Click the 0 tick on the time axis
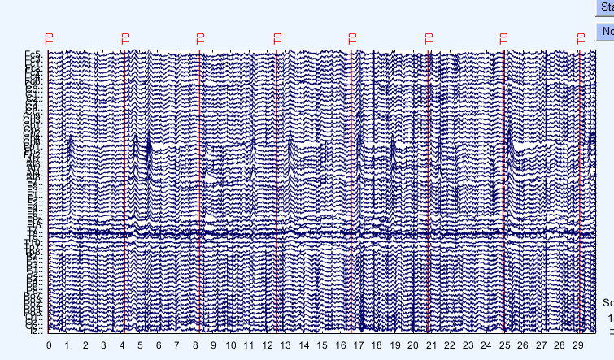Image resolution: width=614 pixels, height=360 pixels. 49,345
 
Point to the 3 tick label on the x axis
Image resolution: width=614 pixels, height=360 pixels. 103,345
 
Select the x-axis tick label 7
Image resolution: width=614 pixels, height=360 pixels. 176,345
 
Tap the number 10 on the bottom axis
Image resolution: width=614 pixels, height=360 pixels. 231,345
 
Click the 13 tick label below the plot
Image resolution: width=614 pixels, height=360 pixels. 285,345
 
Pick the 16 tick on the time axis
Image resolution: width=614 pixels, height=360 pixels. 340,345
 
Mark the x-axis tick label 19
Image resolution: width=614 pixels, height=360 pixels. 394,345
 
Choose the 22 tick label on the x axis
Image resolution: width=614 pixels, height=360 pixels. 449,345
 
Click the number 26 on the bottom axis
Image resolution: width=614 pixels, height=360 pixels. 522,345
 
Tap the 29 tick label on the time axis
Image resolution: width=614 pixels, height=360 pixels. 577,345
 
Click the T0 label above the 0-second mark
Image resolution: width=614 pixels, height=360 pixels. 49,37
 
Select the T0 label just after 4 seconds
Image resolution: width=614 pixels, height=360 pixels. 126,37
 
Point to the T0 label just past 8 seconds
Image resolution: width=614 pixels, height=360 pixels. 200,37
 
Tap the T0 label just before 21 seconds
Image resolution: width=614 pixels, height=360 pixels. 429,37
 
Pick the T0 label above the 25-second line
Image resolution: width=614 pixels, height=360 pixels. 503,37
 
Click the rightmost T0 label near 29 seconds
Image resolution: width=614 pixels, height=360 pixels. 581,37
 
